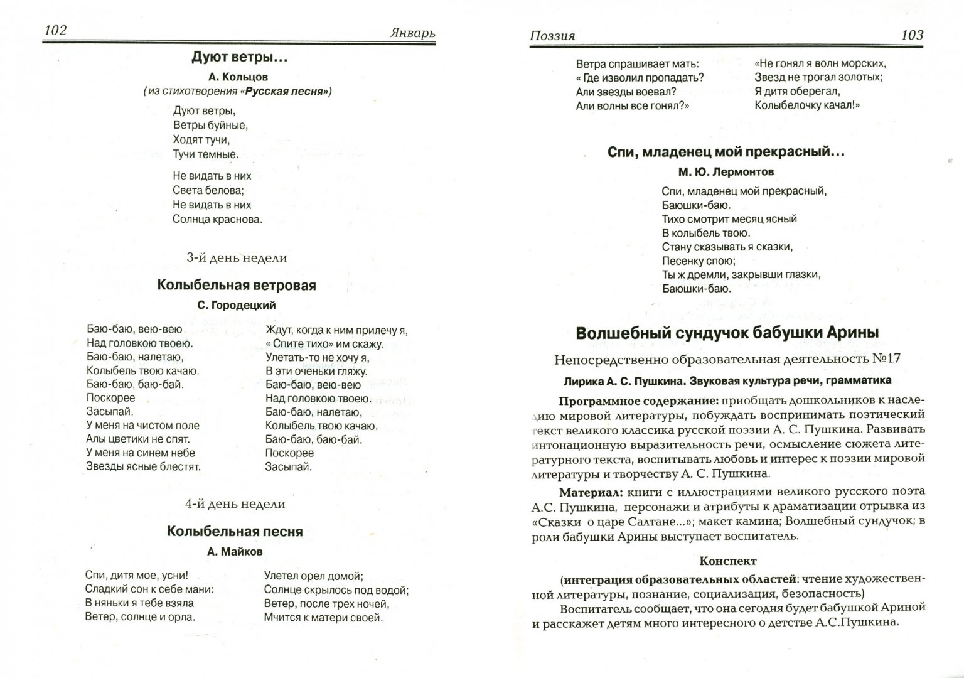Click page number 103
pos(912,35)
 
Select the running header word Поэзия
pos(552,36)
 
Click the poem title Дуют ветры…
pos(239,58)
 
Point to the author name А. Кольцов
pos(238,77)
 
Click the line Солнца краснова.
pos(217,219)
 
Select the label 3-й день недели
pos(237,257)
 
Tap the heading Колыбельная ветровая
pos(237,286)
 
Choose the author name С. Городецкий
pos(237,305)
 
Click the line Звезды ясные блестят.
pos(143,466)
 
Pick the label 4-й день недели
pos(235,504)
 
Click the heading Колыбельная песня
pos(235,532)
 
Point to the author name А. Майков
pos(235,551)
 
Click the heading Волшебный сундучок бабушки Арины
pos(727,333)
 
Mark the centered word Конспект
pos(727,561)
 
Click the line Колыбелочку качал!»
pos(806,105)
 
